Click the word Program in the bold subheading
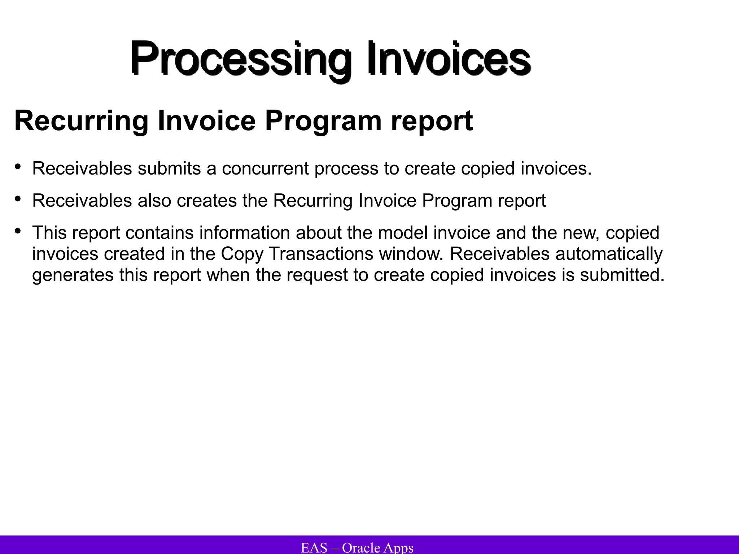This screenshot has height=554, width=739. [323, 121]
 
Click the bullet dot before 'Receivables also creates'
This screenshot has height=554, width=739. [18, 199]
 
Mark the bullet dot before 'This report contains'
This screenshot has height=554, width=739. [18, 231]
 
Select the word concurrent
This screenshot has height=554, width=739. [265, 168]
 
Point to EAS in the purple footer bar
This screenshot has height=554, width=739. [314, 548]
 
